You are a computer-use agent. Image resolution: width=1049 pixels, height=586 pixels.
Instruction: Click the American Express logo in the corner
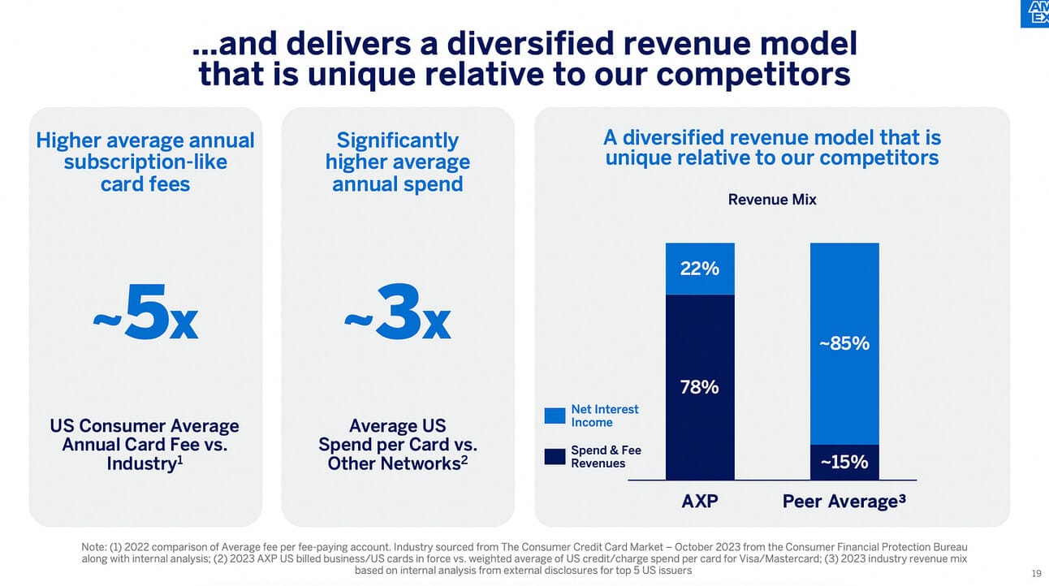[x=1034, y=13]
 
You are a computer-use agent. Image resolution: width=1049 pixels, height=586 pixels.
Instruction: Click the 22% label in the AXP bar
[x=699, y=268]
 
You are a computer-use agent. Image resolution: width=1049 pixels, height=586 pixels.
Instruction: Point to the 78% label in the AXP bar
[x=699, y=387]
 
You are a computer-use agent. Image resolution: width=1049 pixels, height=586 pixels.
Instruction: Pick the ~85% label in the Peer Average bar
[x=844, y=343]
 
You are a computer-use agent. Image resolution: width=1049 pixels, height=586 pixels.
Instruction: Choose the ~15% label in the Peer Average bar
[x=844, y=463]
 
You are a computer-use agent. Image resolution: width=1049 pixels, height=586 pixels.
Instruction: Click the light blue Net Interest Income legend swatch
[x=555, y=416]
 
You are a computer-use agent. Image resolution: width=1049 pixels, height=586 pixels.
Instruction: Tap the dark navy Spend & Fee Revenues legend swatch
[x=555, y=456]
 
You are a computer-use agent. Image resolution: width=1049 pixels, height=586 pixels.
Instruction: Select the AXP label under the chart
[x=699, y=502]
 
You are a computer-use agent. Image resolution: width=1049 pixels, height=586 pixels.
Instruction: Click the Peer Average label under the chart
[x=844, y=502]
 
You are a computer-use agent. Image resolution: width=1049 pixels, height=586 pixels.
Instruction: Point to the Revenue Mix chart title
[x=772, y=200]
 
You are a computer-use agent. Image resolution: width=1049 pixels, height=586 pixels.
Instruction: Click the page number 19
[x=1036, y=574]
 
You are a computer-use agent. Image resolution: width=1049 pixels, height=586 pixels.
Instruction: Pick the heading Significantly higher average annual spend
[x=397, y=162]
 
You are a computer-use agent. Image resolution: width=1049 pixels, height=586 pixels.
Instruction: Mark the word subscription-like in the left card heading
[x=145, y=162]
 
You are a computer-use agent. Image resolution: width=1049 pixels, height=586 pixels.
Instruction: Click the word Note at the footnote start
[x=94, y=547]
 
